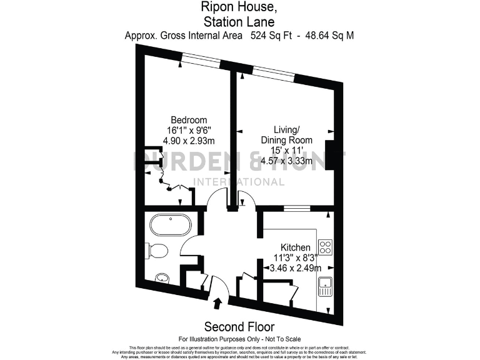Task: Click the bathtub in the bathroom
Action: [x=171, y=226]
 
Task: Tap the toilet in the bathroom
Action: [x=156, y=251]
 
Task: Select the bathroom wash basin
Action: [x=162, y=277]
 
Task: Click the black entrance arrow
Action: [x=217, y=304]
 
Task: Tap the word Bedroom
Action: [x=189, y=120]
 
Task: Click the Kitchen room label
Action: [x=296, y=247]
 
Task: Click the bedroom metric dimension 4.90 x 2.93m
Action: [x=189, y=141]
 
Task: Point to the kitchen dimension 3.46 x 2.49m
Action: [x=296, y=268]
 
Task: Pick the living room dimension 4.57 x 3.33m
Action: [x=286, y=161]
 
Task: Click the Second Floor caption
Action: [x=240, y=327]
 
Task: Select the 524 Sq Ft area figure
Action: [x=272, y=36]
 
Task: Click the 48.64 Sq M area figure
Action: [x=330, y=36]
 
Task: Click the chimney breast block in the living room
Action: [x=337, y=153]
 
